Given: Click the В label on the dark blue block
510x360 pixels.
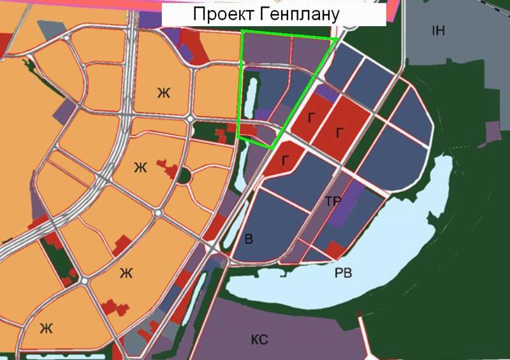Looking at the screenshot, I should [249, 240].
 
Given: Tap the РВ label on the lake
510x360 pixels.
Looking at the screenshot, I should [344, 273].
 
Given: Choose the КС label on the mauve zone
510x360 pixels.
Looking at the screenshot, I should [259, 339].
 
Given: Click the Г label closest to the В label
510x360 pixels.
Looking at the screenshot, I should [284, 160].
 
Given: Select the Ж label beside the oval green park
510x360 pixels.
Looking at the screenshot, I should [140, 168].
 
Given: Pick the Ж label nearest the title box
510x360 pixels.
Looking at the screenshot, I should [164, 93].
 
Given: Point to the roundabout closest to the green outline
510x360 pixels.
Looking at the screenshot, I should [190, 119].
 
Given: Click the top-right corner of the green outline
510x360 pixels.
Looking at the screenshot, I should [336, 40].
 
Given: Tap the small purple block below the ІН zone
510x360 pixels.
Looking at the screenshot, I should [493, 132].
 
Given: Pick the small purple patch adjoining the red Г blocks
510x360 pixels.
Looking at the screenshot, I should [326, 94].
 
